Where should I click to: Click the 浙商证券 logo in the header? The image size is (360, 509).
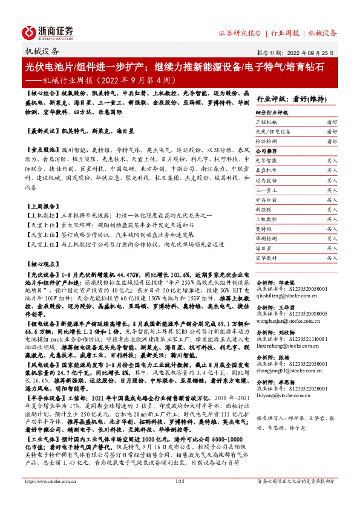click(x=48, y=31)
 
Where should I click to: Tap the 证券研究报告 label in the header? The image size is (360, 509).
click(x=240, y=33)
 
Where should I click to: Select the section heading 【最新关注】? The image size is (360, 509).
click(x=41, y=131)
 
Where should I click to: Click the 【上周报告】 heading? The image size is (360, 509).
click(x=41, y=206)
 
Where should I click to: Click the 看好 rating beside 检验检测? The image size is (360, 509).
click(x=332, y=141)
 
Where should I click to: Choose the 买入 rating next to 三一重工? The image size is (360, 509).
click(x=332, y=190)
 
